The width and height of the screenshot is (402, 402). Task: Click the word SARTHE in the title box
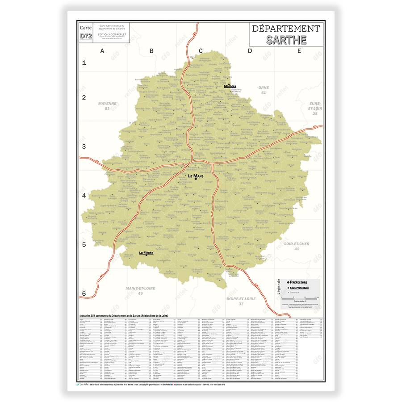[x=286, y=39]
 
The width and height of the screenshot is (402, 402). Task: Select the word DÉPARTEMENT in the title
[x=286, y=29]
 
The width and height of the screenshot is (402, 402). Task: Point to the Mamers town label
[x=230, y=86]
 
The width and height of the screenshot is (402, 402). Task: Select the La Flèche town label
[x=146, y=253]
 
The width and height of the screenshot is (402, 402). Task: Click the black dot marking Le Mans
[x=196, y=180]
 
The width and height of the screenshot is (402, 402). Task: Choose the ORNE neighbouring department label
[x=264, y=88]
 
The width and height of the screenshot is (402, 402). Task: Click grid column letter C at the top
[x=201, y=51]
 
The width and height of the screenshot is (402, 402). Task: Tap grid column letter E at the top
[x=299, y=51]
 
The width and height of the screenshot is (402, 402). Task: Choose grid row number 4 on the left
[x=84, y=195]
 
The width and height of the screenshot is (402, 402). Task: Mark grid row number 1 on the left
[x=84, y=63]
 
